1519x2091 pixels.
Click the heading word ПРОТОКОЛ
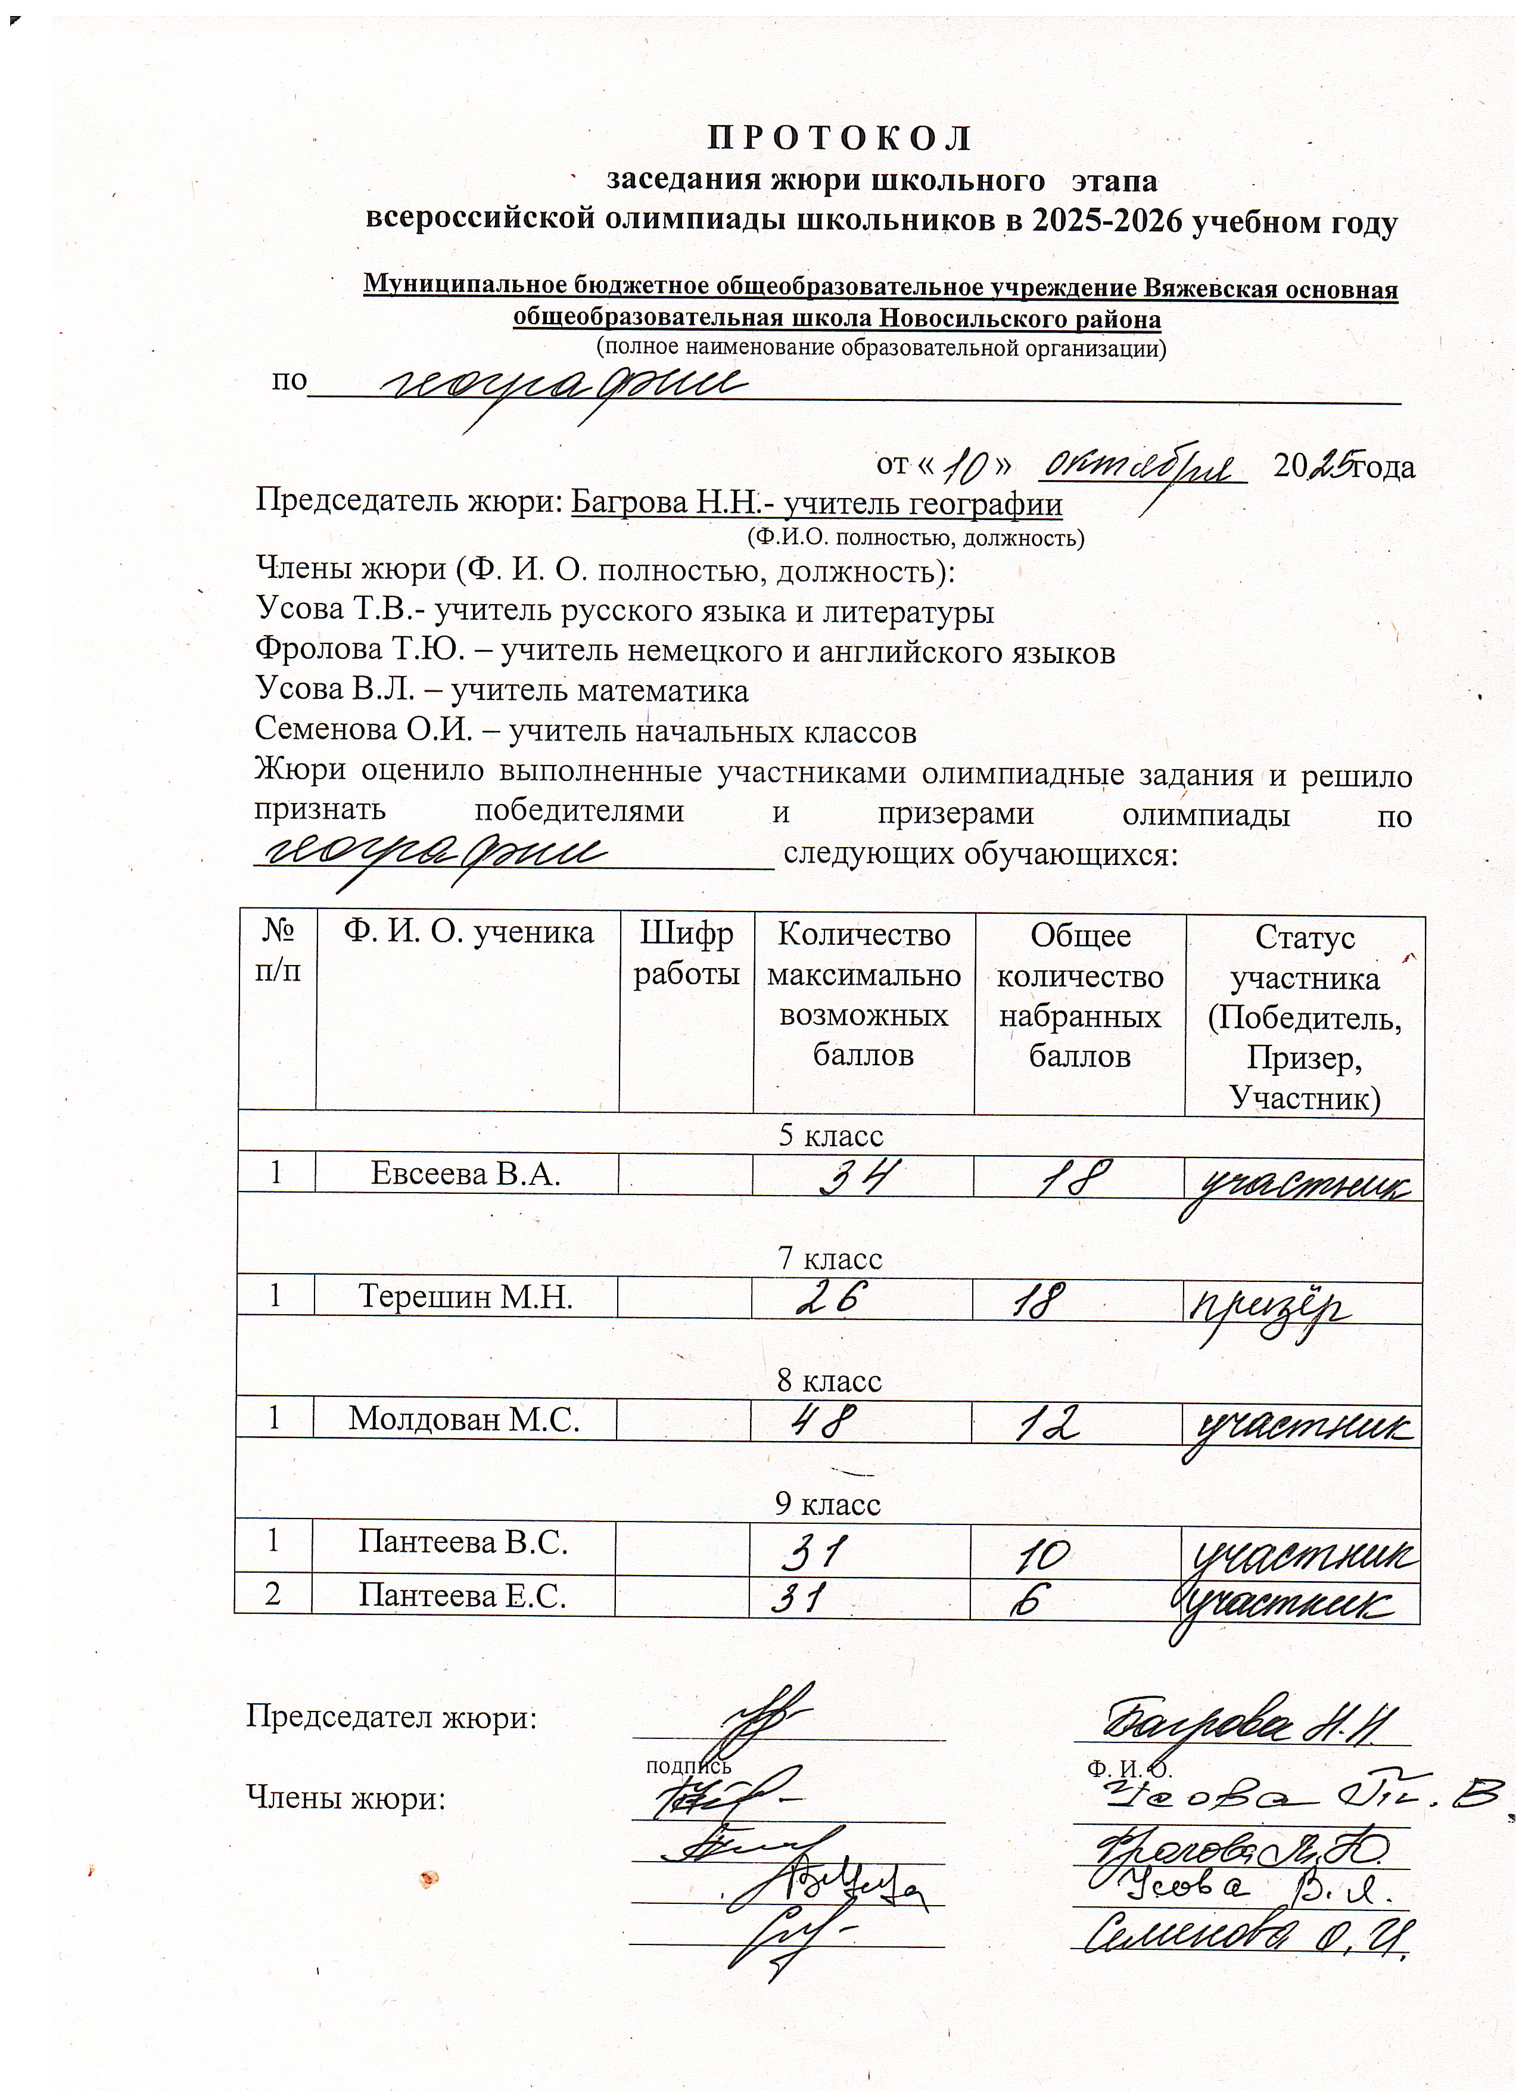[x=839, y=138]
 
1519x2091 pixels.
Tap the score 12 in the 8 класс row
[x=1047, y=1426]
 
